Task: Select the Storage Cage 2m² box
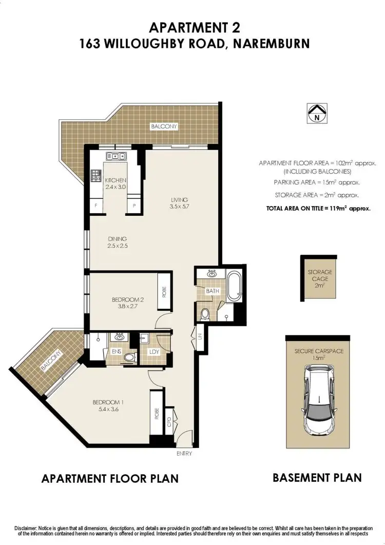(320, 277)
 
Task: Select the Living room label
(180, 200)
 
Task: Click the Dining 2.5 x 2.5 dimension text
(117, 247)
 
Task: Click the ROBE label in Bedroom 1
(157, 414)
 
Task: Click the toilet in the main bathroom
(205, 313)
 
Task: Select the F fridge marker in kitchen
(95, 205)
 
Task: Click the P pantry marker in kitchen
(134, 205)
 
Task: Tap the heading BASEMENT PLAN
(317, 477)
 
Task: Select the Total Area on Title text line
(318, 209)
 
